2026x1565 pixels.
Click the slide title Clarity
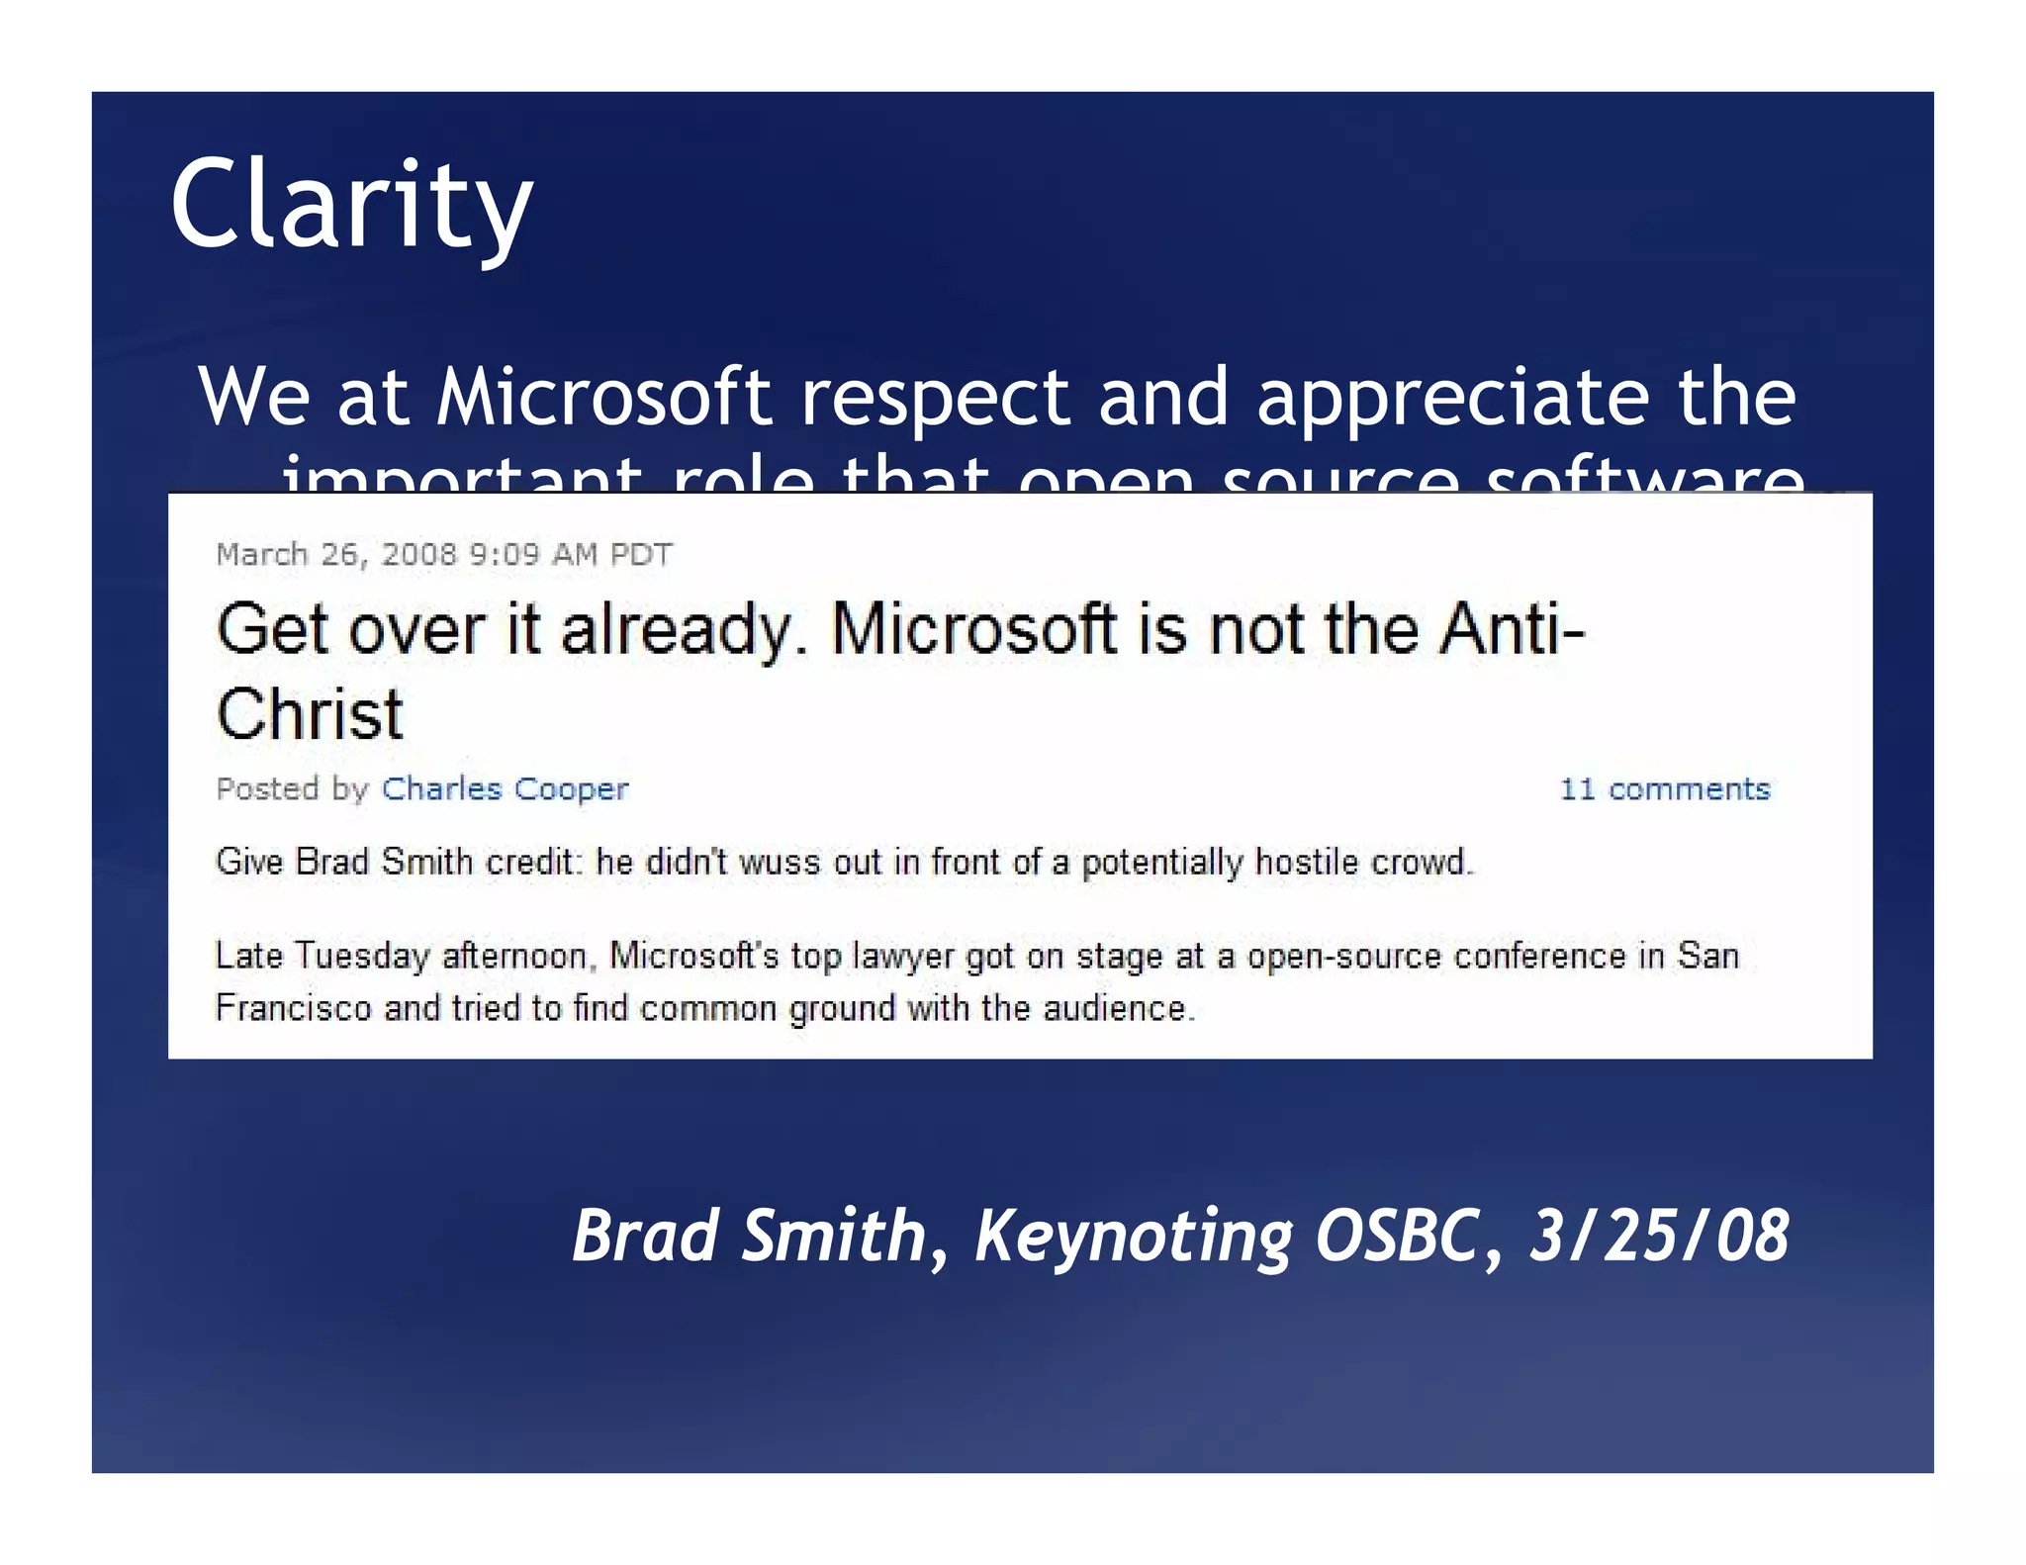click(x=351, y=206)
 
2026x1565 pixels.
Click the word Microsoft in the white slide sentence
click(x=603, y=398)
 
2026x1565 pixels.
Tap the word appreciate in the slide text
click(x=1452, y=398)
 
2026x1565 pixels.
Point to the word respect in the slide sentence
click(x=935, y=398)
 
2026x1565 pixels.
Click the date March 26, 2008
click(x=336, y=554)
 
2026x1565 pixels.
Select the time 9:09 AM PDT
click(x=570, y=554)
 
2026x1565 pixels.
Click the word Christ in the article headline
click(x=310, y=714)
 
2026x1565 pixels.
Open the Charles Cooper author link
click(x=505, y=788)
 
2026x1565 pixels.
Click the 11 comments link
click(x=1664, y=788)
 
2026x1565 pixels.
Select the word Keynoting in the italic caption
click(x=1134, y=1236)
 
